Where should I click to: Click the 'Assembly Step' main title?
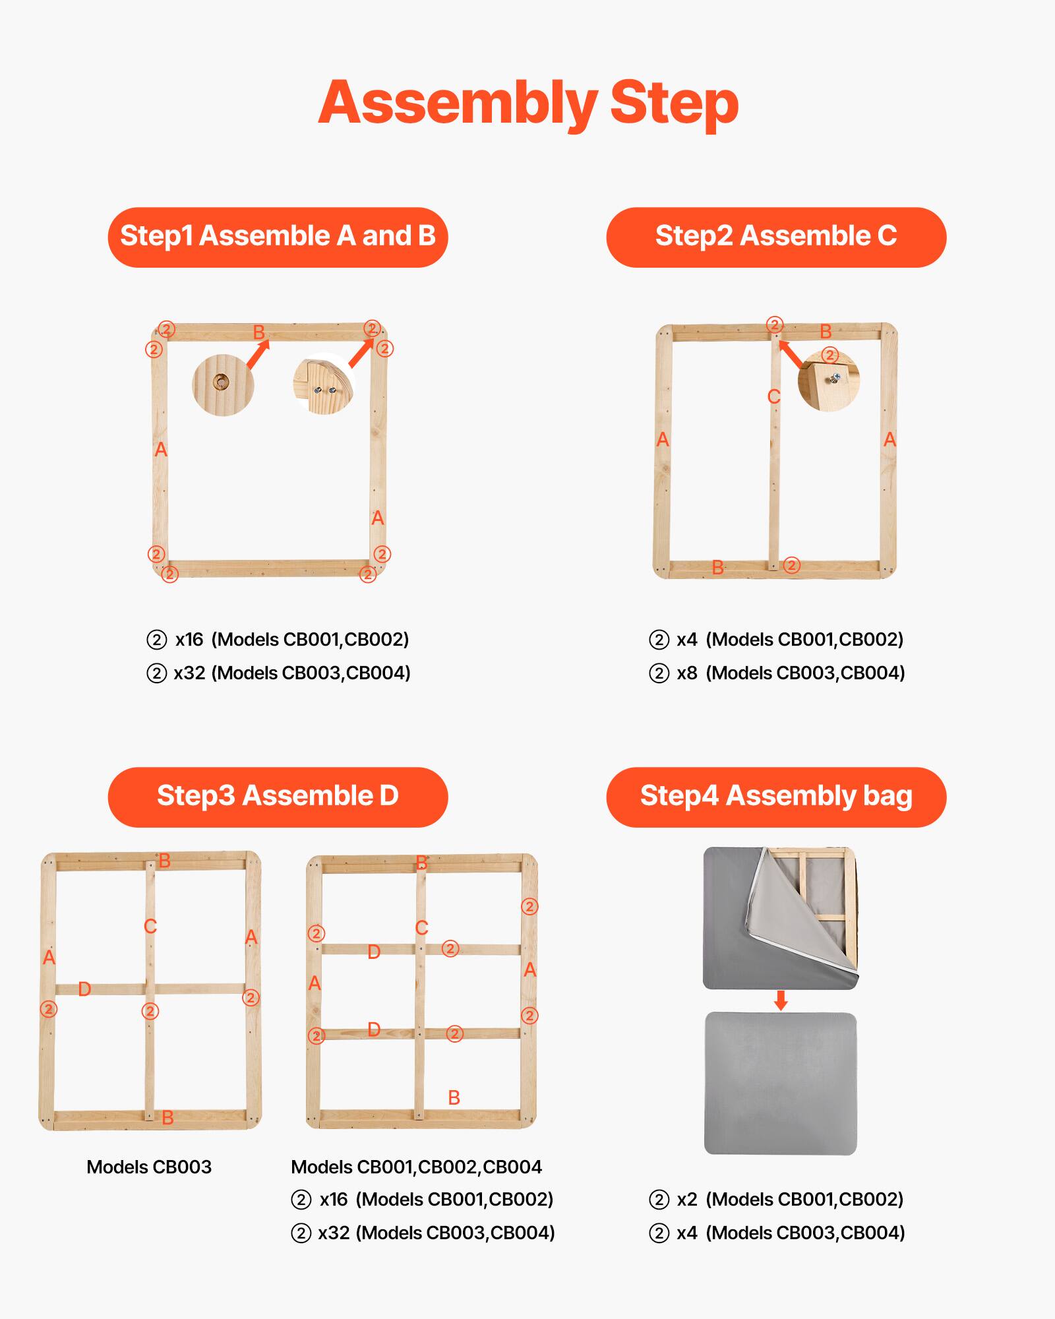[528, 104]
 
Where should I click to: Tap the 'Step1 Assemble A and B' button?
[278, 237]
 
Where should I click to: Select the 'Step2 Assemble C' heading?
[776, 237]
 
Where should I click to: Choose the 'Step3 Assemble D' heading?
[278, 796]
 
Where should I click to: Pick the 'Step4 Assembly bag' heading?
[776, 796]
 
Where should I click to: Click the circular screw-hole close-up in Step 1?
[223, 385]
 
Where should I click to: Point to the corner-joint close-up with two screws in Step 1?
[324, 385]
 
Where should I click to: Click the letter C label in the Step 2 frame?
[774, 396]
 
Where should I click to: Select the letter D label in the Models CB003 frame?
[84, 989]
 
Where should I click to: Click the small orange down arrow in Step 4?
[781, 1000]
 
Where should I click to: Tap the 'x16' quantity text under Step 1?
[189, 640]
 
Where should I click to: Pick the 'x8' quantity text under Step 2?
[687, 673]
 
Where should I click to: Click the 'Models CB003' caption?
[149, 1167]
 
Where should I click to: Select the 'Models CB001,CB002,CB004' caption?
[416, 1167]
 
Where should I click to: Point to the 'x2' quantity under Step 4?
[687, 1199]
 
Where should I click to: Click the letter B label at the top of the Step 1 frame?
[259, 332]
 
